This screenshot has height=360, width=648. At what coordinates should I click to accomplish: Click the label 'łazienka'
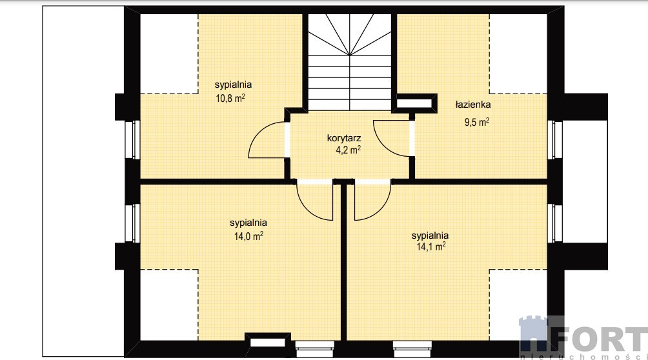coord(473,105)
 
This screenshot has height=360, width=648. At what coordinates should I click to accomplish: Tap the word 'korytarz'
coord(344,138)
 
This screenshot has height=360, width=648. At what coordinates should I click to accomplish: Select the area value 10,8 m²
coord(230,98)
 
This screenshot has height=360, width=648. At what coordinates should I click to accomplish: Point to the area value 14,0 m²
coord(248,236)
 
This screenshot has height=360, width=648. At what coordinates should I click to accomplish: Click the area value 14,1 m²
coord(430,246)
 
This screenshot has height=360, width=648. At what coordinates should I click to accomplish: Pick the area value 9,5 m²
coord(477,123)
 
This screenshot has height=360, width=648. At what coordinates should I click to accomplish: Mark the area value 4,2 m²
coord(348,150)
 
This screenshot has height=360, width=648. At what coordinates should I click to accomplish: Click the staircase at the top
coord(350,62)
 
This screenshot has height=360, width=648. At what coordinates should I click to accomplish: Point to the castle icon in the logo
coord(536,335)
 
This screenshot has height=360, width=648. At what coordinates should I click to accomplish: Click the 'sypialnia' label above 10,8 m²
coord(233,85)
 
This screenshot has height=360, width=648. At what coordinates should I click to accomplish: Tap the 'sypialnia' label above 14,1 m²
coord(430,235)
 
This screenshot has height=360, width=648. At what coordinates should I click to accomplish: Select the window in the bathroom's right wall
coord(554,140)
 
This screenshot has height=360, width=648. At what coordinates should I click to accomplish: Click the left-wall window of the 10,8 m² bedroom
coord(132,140)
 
